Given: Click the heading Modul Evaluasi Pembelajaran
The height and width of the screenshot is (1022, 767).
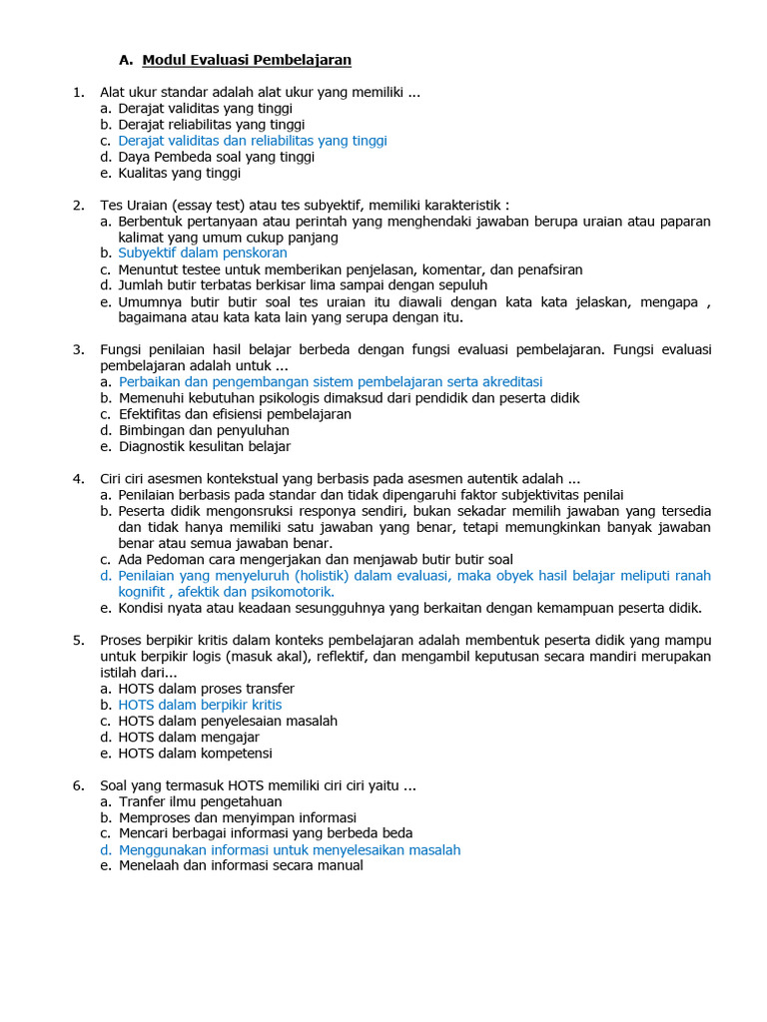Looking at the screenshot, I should (x=247, y=60).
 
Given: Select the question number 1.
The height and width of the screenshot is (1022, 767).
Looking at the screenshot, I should (x=77, y=93).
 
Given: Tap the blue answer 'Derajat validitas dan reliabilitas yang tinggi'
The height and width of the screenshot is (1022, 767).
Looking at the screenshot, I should (x=253, y=141).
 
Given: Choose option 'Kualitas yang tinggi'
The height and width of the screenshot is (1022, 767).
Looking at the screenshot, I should (x=180, y=173).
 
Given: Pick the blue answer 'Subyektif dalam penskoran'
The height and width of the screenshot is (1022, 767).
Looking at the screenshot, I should (x=203, y=254).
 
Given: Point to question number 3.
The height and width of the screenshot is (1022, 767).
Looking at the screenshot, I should (x=77, y=349).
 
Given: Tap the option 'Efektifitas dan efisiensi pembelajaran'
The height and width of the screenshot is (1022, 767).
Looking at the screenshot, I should (x=235, y=414).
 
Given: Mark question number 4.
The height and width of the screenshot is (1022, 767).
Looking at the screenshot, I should (x=77, y=478).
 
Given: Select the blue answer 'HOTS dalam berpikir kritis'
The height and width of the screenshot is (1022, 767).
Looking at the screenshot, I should (x=200, y=705).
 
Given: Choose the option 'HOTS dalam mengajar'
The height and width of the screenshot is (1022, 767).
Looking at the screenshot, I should (x=187, y=738).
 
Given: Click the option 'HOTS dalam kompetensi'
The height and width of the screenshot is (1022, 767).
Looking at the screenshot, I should (x=195, y=754).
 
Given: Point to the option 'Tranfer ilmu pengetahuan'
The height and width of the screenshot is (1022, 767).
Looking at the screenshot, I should (x=200, y=801).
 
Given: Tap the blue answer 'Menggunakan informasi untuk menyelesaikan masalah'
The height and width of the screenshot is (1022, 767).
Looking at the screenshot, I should (x=290, y=850).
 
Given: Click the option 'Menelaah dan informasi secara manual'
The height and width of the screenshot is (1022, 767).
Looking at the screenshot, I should (x=241, y=866).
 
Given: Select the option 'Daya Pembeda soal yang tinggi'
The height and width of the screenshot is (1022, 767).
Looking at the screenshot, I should (x=217, y=157).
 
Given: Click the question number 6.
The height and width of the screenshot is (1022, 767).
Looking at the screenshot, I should (x=77, y=785).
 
